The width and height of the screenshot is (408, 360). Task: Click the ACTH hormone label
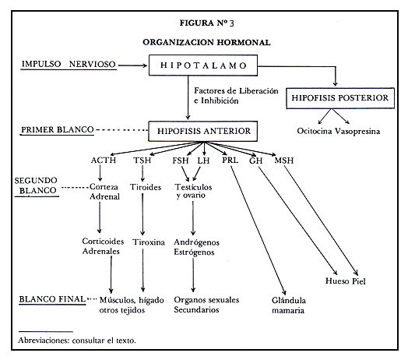point(104,160)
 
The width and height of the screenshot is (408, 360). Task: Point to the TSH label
point(142,160)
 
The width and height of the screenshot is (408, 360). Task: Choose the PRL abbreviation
point(230,160)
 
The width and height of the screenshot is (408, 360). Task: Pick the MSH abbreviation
point(284,161)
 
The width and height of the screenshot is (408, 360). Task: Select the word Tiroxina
point(149,242)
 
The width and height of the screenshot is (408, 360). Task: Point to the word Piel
point(359,281)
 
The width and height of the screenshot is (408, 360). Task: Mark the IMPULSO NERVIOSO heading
point(69,64)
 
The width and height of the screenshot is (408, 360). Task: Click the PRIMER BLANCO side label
point(58,129)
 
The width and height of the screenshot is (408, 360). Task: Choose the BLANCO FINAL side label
point(52,299)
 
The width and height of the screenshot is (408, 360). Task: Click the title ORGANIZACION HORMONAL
point(206,42)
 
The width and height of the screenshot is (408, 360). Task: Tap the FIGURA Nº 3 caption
point(206,23)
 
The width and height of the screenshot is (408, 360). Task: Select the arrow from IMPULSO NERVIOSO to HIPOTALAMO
point(132,65)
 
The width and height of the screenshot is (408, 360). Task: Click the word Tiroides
point(146,187)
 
